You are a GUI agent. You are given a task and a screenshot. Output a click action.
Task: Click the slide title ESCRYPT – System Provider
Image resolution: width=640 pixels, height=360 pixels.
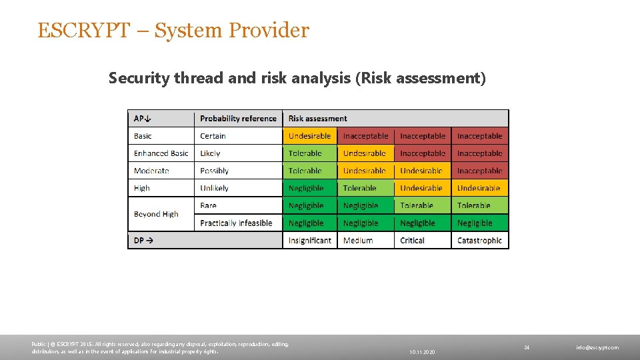[x=173, y=31]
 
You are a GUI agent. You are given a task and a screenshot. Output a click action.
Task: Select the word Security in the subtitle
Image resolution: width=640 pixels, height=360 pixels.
[x=139, y=79]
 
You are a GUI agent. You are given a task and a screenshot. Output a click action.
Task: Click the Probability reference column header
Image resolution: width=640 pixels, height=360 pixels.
[x=238, y=119]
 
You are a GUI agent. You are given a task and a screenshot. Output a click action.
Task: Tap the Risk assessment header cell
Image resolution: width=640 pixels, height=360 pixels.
[x=318, y=119]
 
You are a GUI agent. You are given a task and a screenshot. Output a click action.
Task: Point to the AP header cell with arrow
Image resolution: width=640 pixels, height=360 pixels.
[x=143, y=119]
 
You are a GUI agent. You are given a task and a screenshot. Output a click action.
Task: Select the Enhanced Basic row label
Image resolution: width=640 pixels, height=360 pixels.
[x=161, y=153]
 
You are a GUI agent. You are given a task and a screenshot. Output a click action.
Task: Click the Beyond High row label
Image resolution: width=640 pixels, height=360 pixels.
[x=156, y=214]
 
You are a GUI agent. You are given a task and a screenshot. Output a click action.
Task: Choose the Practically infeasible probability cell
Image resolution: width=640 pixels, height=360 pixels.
[x=236, y=223]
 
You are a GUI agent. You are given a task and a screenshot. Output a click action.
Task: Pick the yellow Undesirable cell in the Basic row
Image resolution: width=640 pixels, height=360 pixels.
[x=310, y=136]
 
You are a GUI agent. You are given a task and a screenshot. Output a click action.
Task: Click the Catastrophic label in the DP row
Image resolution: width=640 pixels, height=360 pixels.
[x=479, y=241]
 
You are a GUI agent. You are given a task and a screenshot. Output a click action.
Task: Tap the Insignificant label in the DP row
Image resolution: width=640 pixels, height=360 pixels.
[x=310, y=241]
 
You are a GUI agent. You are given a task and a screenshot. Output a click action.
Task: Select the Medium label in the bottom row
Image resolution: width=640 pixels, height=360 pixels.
[x=358, y=241]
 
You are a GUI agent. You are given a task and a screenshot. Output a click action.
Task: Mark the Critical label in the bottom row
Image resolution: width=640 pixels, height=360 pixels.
[x=412, y=241]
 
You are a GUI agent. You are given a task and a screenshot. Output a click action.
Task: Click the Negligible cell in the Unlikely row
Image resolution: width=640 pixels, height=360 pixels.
[x=306, y=189]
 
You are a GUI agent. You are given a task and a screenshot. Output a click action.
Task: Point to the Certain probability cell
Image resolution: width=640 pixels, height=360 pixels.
[x=213, y=136]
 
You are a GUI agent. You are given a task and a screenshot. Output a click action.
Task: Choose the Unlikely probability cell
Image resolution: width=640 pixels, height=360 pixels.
[x=214, y=189]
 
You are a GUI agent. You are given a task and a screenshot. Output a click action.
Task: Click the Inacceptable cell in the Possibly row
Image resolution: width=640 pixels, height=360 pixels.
[x=479, y=171]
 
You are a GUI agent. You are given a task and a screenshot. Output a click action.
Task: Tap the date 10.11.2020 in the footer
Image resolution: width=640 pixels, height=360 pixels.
[x=422, y=351]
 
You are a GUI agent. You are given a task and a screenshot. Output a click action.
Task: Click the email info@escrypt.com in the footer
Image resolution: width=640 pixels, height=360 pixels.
[x=597, y=347]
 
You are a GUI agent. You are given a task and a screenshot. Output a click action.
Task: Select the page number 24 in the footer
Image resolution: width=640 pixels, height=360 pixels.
[x=526, y=347]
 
